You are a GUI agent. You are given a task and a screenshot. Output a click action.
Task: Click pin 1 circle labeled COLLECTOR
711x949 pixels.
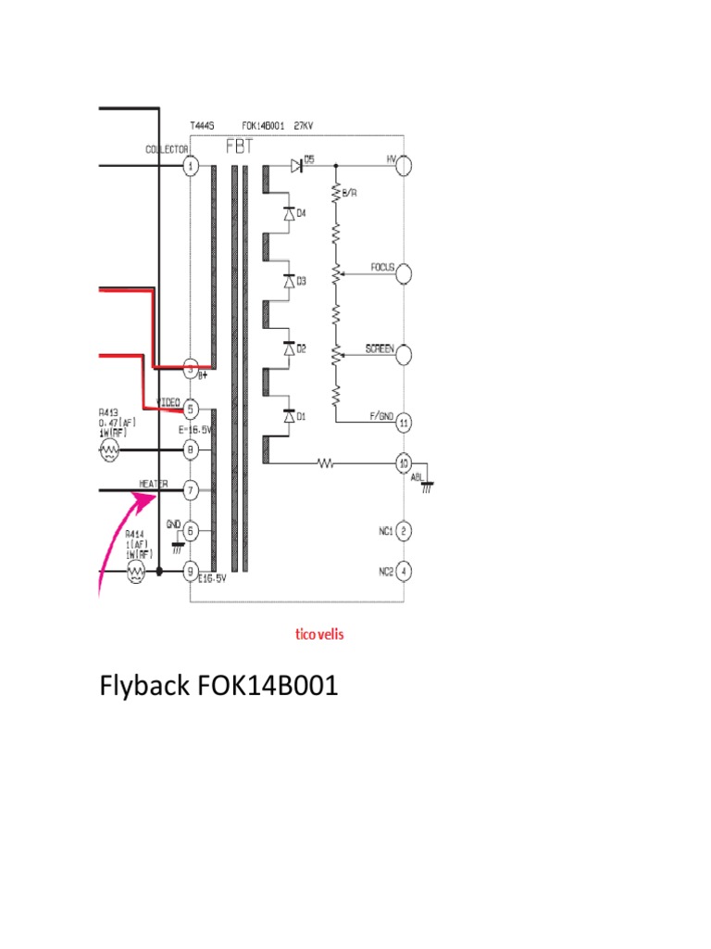191,167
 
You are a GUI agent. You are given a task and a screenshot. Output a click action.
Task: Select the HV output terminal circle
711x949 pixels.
404,164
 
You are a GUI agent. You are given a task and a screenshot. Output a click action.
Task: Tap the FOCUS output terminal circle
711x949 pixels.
404,274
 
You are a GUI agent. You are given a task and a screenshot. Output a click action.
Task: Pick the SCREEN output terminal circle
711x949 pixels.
404,355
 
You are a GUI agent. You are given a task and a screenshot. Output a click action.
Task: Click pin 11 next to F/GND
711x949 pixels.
404,423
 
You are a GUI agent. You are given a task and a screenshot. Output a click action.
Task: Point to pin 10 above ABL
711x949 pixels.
404,462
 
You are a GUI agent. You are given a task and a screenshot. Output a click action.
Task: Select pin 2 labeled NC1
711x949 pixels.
404,531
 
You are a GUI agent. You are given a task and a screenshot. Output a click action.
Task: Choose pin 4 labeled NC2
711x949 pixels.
404,572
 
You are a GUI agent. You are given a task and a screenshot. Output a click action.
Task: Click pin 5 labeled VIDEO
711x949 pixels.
191,409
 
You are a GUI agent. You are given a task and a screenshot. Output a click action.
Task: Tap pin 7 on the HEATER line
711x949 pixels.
191,489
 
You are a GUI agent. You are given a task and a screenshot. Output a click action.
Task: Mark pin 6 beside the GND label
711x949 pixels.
191,531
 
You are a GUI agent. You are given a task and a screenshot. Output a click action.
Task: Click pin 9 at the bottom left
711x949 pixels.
191,572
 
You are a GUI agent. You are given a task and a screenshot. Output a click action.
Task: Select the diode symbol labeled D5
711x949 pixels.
296,166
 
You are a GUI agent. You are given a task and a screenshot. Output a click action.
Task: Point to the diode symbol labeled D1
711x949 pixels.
289,418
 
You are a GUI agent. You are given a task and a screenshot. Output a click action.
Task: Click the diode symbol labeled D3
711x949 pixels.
289,281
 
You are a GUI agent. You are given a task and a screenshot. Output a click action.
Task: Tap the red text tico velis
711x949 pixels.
319,635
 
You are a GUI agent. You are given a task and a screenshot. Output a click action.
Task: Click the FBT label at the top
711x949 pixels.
240,146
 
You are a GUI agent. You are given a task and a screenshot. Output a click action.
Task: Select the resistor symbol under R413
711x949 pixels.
109,450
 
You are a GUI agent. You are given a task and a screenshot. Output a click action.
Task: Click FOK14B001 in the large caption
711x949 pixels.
268,688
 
